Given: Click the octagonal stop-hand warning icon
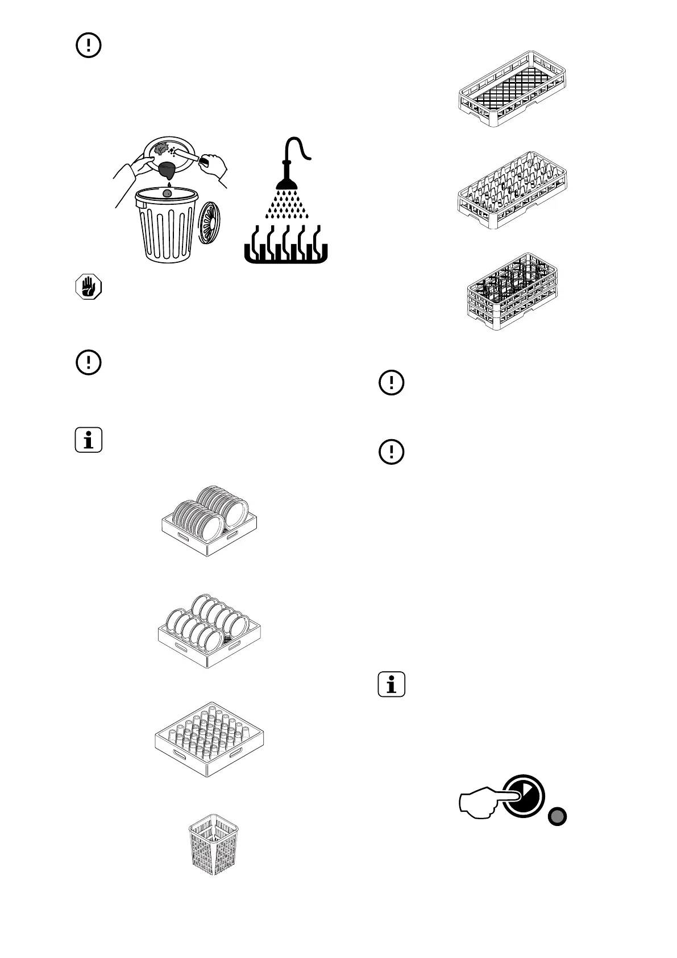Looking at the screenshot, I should (x=88, y=287).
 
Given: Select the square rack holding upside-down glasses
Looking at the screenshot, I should (x=209, y=738).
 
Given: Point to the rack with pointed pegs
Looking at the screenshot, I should (x=512, y=190).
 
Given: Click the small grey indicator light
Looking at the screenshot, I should (x=557, y=817).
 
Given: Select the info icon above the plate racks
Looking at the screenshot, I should (x=88, y=440).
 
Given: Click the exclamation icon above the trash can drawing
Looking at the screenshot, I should (x=88, y=46).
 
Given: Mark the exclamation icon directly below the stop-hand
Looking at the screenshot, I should (x=88, y=362).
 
